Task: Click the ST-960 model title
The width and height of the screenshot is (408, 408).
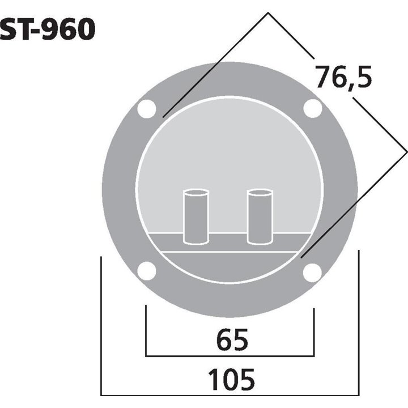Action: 48,30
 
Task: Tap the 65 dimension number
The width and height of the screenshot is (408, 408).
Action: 232,341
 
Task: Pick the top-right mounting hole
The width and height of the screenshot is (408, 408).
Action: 312,109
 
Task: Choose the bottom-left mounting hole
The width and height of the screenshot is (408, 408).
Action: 147,271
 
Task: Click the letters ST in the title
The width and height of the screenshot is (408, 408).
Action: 15,30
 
